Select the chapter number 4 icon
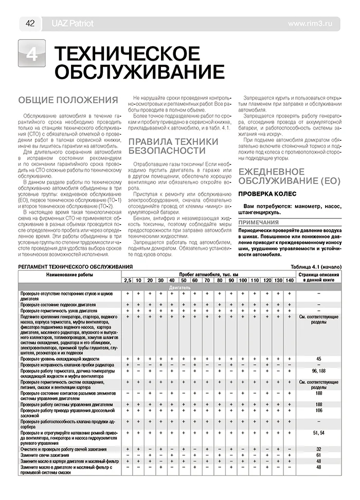[31, 54]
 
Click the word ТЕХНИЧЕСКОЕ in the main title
[127, 53]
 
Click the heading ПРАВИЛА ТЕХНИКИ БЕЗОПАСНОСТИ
[173, 145]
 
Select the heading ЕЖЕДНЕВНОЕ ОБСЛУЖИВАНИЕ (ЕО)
[286, 175]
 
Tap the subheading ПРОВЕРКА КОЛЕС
[266, 193]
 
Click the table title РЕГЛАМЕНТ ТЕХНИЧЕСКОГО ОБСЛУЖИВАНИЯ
[75, 267]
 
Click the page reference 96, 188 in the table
[319, 371]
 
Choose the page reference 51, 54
[319, 434]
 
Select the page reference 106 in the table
[319, 411]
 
